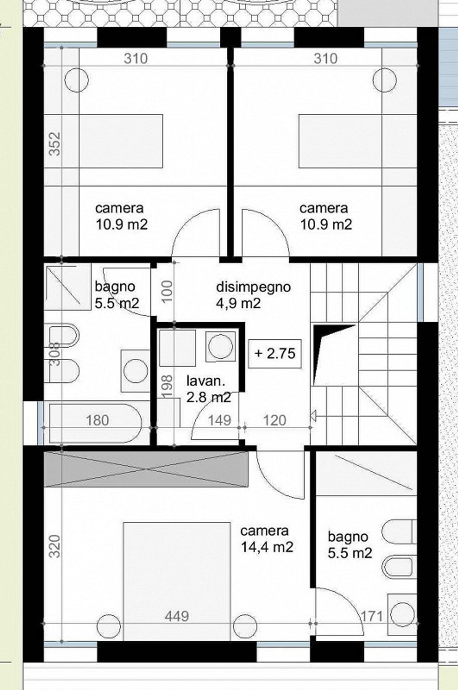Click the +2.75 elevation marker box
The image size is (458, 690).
[275, 353]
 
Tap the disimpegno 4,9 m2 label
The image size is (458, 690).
[253, 295]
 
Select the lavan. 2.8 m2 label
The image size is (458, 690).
[208, 389]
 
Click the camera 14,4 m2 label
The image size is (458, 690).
[266, 539]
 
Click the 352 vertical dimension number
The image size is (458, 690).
[55, 143]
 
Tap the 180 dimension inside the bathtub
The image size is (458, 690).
[97, 421]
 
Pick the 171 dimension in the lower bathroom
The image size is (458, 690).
[372, 616]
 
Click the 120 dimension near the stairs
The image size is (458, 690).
[274, 421]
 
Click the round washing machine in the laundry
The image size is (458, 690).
[219, 347]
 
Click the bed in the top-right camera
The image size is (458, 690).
[340, 141]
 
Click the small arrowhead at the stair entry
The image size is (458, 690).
[313, 416]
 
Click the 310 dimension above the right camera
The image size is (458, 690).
[326, 58]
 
